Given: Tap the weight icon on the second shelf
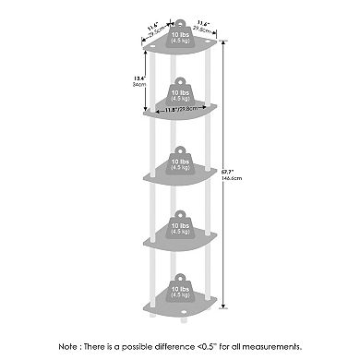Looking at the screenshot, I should [x=181, y=93].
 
